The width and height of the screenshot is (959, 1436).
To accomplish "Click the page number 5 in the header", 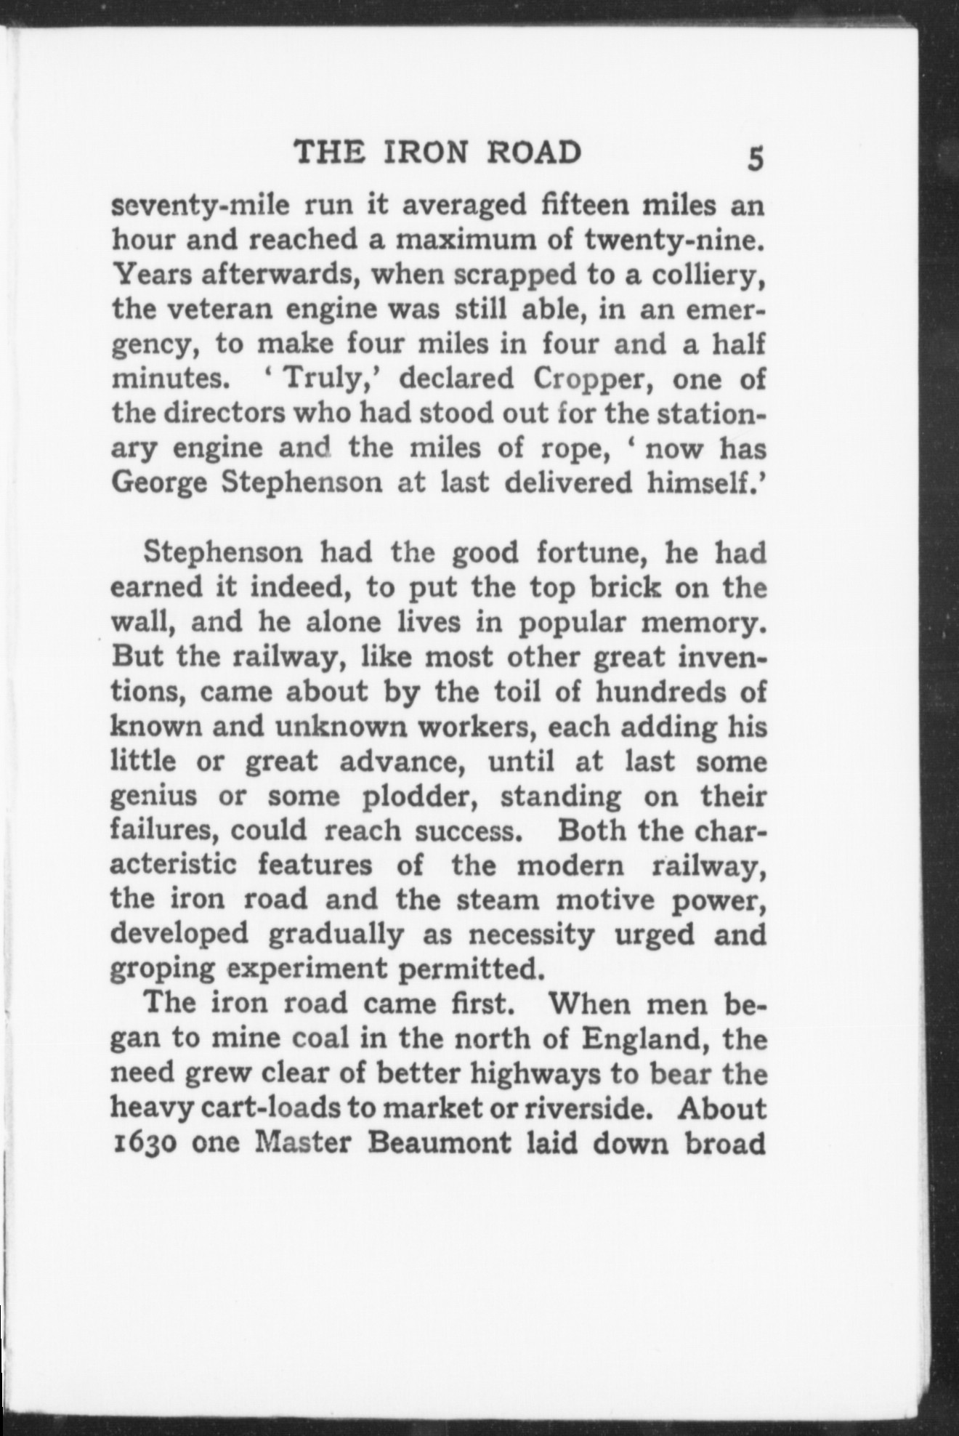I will click(756, 158).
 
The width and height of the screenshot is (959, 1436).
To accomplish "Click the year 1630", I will click(145, 1143).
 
